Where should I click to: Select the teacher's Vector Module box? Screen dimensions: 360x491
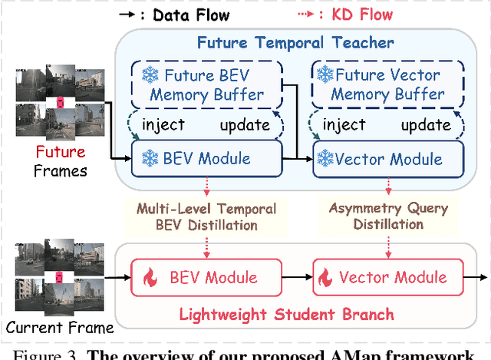(x=381, y=160)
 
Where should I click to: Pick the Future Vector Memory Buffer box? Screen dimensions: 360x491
(x=381, y=85)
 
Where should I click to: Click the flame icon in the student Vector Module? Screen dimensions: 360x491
(x=326, y=277)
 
